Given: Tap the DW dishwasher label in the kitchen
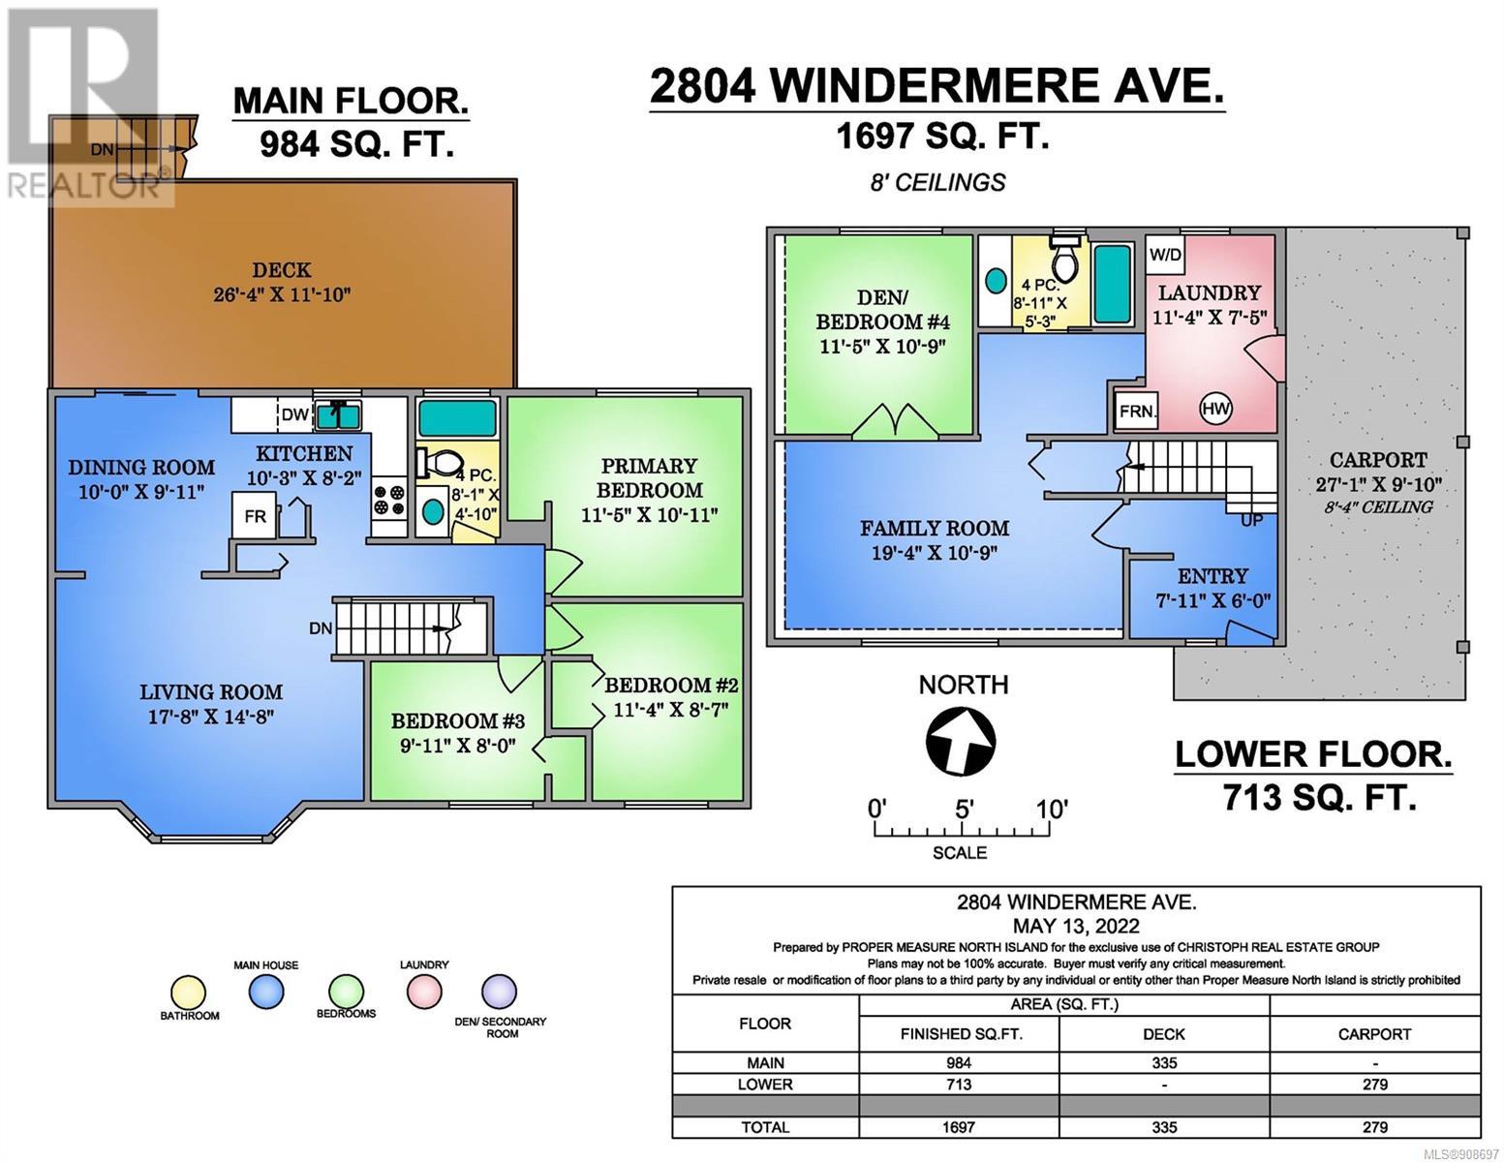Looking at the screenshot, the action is pyautogui.click(x=295, y=414).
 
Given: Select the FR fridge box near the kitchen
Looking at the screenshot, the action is pyautogui.click(x=255, y=515).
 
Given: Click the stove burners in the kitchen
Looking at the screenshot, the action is pyautogui.click(x=389, y=501).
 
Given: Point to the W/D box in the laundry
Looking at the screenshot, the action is pyautogui.click(x=1166, y=256).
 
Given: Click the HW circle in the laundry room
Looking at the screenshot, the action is pyautogui.click(x=1216, y=409).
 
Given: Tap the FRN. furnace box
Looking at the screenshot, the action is pyautogui.click(x=1137, y=412).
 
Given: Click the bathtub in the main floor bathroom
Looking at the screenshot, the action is pyautogui.click(x=457, y=417).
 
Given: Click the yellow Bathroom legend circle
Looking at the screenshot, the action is pyautogui.click(x=189, y=994).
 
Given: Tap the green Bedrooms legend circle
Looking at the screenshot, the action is pyautogui.click(x=346, y=992).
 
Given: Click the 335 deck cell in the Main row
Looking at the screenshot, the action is pyautogui.click(x=1164, y=1063).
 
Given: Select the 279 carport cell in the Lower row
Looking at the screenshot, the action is pyautogui.click(x=1374, y=1085).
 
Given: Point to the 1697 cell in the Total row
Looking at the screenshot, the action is pyautogui.click(x=958, y=1127).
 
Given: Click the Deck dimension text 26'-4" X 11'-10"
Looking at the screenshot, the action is pyautogui.click(x=282, y=294).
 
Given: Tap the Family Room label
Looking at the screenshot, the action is pyautogui.click(x=934, y=529).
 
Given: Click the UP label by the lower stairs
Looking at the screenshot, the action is pyautogui.click(x=1252, y=520).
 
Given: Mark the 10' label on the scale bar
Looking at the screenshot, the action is pyautogui.click(x=1052, y=809).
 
